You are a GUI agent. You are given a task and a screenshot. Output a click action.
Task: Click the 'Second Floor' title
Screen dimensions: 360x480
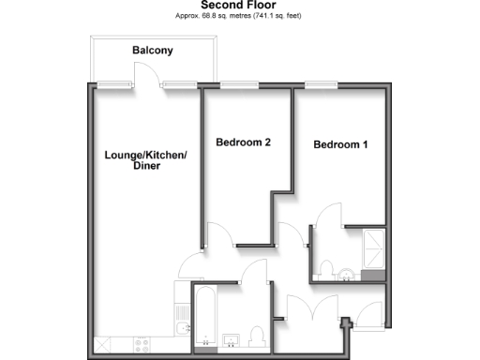click(x=239, y=6)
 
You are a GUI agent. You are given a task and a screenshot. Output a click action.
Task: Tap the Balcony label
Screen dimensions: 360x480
click(x=152, y=50)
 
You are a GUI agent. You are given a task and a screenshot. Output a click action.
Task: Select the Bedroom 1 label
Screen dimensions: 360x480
click(x=340, y=145)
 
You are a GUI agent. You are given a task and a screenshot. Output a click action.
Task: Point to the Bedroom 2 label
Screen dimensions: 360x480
click(x=243, y=143)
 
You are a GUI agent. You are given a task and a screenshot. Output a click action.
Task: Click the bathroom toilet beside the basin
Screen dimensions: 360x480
click(x=257, y=336)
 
